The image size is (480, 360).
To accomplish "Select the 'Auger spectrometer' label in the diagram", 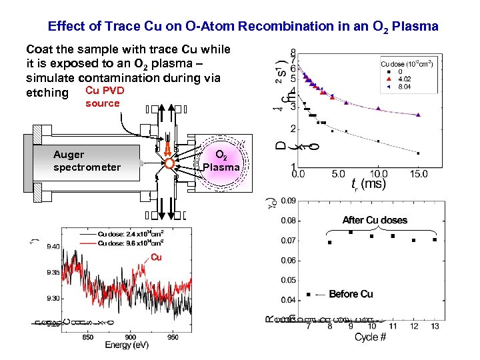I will [87, 161].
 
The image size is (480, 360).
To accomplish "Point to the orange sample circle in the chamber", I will [171, 163].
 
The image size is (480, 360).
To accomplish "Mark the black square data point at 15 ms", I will [418, 153].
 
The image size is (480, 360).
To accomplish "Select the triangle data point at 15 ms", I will [418, 115].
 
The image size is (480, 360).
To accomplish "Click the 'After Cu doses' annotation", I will [375, 220].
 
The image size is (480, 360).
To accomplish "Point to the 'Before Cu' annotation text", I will [351, 294].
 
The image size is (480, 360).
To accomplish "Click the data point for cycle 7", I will [309, 294].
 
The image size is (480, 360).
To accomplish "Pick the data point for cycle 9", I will [351, 232].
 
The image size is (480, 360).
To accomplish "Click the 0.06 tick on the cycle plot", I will [288, 260].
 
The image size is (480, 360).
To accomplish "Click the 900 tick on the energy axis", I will [131, 337].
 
